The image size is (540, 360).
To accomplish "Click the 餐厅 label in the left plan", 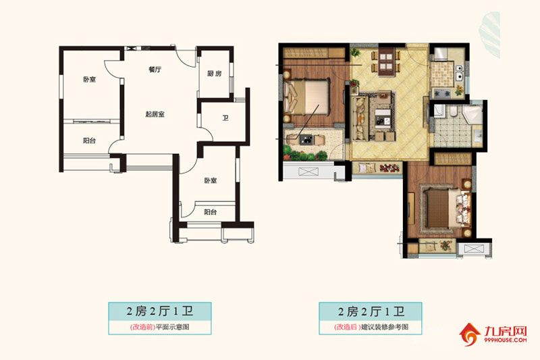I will pos(154,70).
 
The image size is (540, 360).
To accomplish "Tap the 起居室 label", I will pos(155,114).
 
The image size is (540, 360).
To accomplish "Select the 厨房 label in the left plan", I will pos(215,74).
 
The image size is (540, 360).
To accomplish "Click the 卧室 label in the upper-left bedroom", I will pos(89,79).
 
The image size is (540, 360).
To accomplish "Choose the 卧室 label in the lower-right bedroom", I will pos(211,180).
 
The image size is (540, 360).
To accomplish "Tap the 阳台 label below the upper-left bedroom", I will pos(88,141).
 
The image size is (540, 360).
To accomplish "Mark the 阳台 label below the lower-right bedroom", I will pos(211,211).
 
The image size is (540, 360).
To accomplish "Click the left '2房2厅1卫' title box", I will pos(160,311).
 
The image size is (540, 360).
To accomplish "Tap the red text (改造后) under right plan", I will pos(347,328).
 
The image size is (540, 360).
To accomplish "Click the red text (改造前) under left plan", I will pos(142,328).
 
